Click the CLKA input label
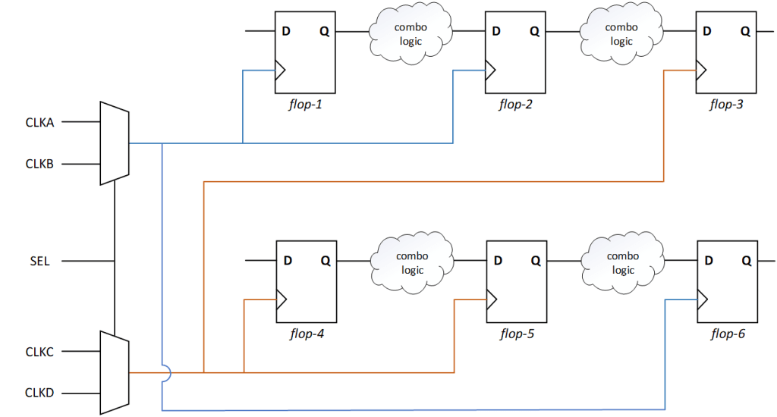pyautogui.click(x=39, y=121)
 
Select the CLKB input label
pyautogui.click(x=39, y=164)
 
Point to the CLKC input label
pyautogui.click(x=39, y=352)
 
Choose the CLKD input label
pyautogui.click(x=39, y=393)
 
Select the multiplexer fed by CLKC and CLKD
pyautogui.click(x=115, y=372)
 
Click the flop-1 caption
pyautogui.click(x=306, y=104)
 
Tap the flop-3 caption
pyautogui.click(x=726, y=104)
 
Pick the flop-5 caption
pyautogui.click(x=517, y=333)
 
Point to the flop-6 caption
pyautogui.click(x=726, y=333)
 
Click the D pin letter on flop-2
pyautogui.click(x=496, y=32)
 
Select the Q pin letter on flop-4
pyautogui.click(x=325, y=261)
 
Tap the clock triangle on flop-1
pyautogui.click(x=279, y=71)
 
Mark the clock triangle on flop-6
pyautogui.click(x=702, y=300)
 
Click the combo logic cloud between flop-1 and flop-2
pyautogui.click(x=411, y=34)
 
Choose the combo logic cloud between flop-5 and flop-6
pyautogui.click(x=621, y=263)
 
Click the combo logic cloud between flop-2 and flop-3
pyautogui.click(x=621, y=34)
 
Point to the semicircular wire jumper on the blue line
pyautogui.click(x=165, y=373)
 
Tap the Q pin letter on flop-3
pyautogui.click(x=745, y=32)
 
